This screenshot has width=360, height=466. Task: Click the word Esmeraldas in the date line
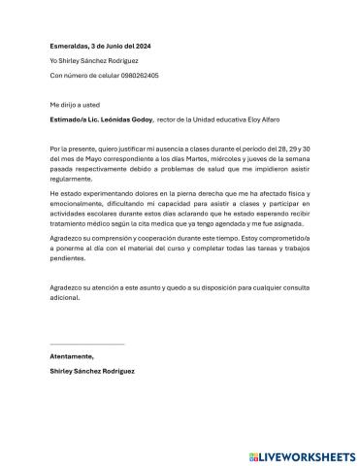(69, 46)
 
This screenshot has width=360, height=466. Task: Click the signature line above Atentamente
(87, 344)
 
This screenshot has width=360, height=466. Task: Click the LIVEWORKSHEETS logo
(302, 454)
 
